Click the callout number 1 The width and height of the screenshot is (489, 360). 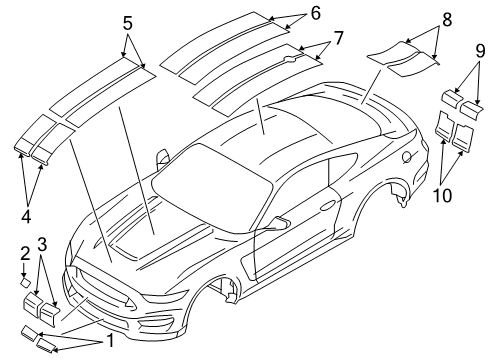click(111, 341)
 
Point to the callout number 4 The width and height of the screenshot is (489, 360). click(27, 215)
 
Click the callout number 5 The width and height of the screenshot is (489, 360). click(127, 21)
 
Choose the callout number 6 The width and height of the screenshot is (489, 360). click(315, 13)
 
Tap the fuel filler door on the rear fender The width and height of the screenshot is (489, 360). click(405, 156)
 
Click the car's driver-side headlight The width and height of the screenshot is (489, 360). click(93, 277)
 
